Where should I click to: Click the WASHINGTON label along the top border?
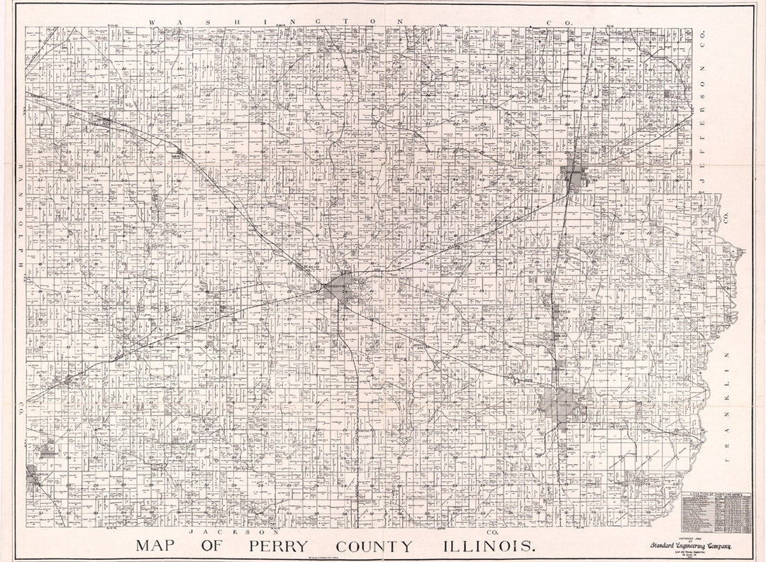coord(277,22)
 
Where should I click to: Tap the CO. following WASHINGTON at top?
coord(560,23)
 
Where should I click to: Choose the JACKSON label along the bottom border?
coord(231,531)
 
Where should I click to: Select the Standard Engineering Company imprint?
coord(688,544)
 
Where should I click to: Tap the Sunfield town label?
coord(561,312)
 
